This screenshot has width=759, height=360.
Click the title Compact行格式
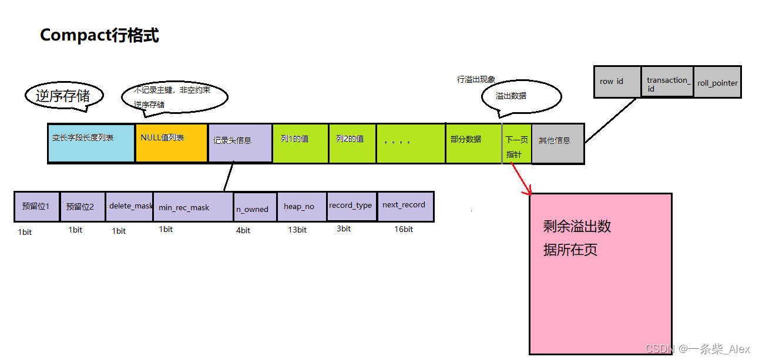pyautogui.click(x=99, y=35)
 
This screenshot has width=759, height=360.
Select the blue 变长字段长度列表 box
pyautogui.click(x=91, y=143)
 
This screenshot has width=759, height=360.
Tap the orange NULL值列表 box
pyautogui.click(x=171, y=143)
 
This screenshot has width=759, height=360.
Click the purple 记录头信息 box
pyautogui.click(x=240, y=143)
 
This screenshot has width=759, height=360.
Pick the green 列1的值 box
pyautogui.click(x=300, y=143)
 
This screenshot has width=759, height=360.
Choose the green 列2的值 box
pyautogui.click(x=352, y=143)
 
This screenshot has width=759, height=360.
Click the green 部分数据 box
pyautogui.click(x=473, y=143)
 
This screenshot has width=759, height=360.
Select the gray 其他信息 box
pyautogui.click(x=558, y=143)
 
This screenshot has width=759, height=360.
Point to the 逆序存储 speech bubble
pyautogui.click(x=64, y=96)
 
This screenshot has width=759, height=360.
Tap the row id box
pyautogui.click(x=617, y=82)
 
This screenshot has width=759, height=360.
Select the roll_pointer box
pyautogui.click(x=717, y=82)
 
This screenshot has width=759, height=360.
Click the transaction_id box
pyautogui.click(x=667, y=82)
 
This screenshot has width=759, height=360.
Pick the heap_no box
pyautogui.click(x=301, y=206)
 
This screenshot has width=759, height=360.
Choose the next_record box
pyautogui.click(x=405, y=206)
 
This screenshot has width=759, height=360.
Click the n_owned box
pyautogui.click(x=254, y=208)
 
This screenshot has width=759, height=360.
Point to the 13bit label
pyautogui.click(x=297, y=230)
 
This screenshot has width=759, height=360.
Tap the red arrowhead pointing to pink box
pyautogui.click(x=528, y=192)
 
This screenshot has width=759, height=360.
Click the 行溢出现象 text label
pyautogui.click(x=476, y=79)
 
